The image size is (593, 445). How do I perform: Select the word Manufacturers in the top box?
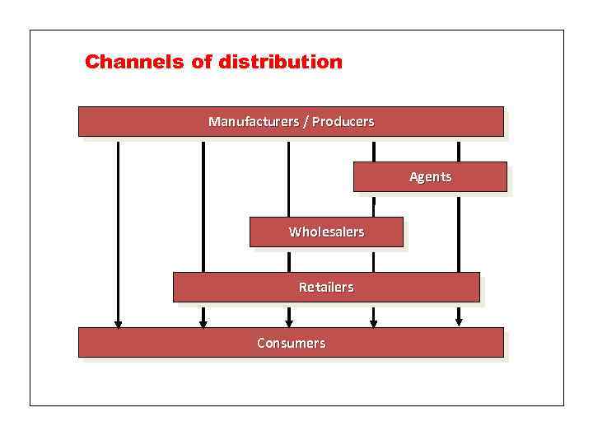tap(254, 122)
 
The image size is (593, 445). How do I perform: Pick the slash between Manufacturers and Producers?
tap(306, 122)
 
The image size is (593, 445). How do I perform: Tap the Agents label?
tap(430, 177)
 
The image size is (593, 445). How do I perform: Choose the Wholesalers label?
tap(326, 232)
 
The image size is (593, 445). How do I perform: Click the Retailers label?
tap(326, 288)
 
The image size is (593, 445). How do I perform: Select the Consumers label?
tap(291, 343)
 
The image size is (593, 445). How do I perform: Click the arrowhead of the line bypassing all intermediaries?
tap(118, 323)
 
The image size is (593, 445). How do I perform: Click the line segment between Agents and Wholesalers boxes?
tap(374, 204)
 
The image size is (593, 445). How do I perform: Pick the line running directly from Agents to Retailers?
tap(459, 232)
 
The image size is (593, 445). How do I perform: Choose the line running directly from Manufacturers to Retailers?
tap(203, 206)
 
